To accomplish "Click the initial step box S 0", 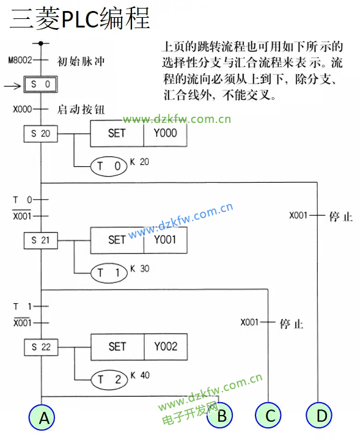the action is pyautogui.click(x=41, y=84).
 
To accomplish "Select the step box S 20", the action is pyautogui.click(x=41, y=134).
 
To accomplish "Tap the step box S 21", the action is pyautogui.click(x=41, y=241).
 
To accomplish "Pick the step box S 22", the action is pyautogui.click(x=41, y=347).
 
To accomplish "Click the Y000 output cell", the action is pyautogui.click(x=165, y=133).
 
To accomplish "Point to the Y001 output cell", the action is pyautogui.click(x=165, y=240).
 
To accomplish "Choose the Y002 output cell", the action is pyautogui.click(x=166, y=347).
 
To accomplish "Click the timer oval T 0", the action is pyautogui.click(x=109, y=166).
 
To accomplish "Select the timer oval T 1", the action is pyautogui.click(x=109, y=273).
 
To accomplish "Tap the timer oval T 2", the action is pyautogui.click(x=109, y=380).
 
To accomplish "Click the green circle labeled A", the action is pyautogui.click(x=42, y=417).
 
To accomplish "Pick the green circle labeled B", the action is pyautogui.click(x=219, y=416).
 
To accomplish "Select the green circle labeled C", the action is pyautogui.click(x=268, y=416).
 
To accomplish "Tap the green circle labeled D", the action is pyautogui.click(x=319, y=416).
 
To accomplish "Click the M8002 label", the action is pyautogui.click(x=20, y=60).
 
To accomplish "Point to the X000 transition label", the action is pyautogui.click(x=22, y=109).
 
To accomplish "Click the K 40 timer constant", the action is pyautogui.click(x=140, y=375).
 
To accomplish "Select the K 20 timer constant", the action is pyautogui.click(x=139, y=162).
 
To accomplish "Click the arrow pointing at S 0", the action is pyautogui.click(x=12, y=86).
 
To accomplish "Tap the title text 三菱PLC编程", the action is pyautogui.click(x=80, y=18).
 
